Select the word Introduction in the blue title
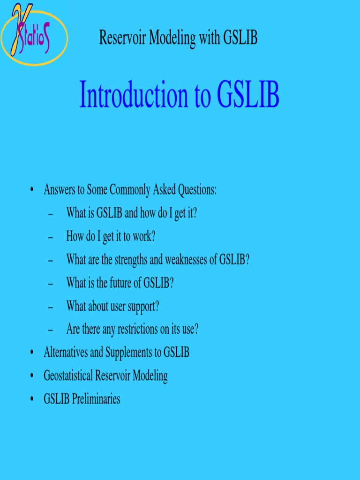point(133,95)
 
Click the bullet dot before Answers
point(31,190)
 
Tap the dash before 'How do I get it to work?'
point(51,237)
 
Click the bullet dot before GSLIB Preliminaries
point(31,399)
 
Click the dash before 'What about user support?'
point(51,307)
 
